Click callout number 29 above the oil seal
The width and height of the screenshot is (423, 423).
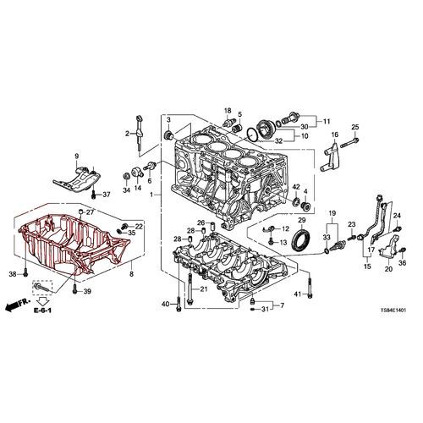(302, 220)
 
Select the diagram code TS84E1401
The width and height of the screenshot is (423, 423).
(393, 310)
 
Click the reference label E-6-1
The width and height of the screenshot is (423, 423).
(42, 310)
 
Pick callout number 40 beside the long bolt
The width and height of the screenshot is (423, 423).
(166, 304)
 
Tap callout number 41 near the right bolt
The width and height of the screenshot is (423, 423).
(298, 294)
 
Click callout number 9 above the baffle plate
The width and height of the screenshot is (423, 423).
(77, 156)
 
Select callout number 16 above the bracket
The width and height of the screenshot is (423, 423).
(334, 135)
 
